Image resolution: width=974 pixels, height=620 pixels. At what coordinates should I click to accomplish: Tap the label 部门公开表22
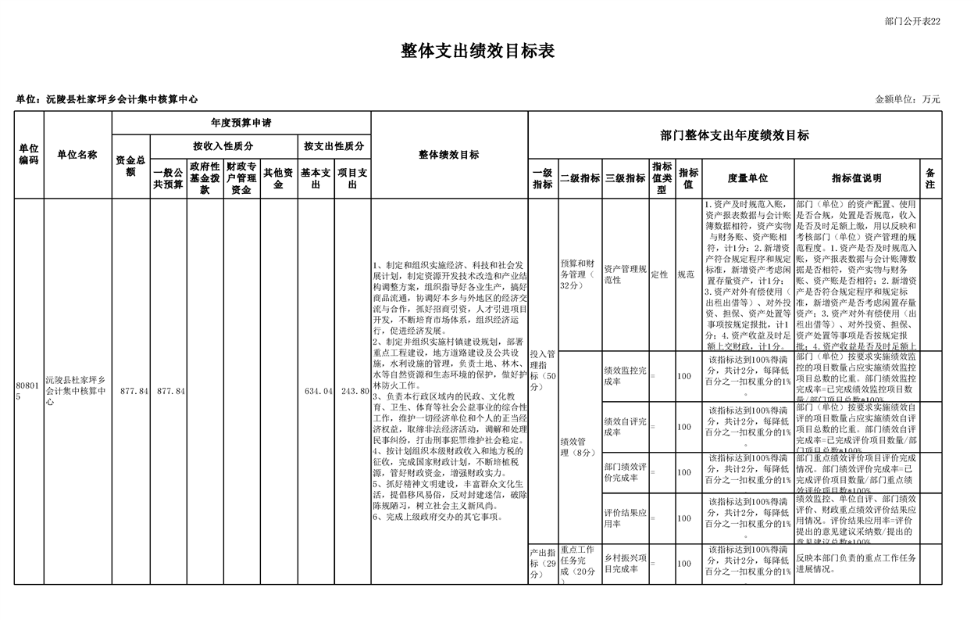coord(912,21)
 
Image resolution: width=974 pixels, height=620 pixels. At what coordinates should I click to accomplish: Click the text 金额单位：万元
coord(907,99)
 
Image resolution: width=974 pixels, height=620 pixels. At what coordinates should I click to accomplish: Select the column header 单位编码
coord(29,155)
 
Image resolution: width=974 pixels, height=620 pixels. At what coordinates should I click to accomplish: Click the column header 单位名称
coord(77,155)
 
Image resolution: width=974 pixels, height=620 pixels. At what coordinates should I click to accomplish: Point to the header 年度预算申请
coord(241,124)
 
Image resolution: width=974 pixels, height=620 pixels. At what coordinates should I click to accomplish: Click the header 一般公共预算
coord(168,178)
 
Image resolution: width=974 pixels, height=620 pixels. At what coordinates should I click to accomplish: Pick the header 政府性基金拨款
coord(205,178)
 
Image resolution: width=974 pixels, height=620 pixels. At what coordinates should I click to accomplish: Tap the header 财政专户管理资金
coord(241,178)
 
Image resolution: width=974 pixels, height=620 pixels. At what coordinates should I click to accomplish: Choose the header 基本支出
coord(316,178)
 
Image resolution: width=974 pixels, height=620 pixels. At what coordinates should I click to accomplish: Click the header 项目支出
coord(352,178)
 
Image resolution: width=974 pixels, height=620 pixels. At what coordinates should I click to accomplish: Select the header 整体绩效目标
coord(449,155)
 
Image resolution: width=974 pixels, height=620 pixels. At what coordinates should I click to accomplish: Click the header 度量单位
coord(747,178)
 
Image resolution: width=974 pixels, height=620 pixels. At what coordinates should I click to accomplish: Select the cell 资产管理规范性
coord(625,274)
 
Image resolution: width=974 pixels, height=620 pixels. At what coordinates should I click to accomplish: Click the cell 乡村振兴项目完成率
coord(625,563)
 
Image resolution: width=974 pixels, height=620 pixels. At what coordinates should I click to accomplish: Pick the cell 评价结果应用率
coord(625,518)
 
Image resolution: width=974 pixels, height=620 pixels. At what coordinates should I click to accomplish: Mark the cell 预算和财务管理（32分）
coord(579,274)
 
